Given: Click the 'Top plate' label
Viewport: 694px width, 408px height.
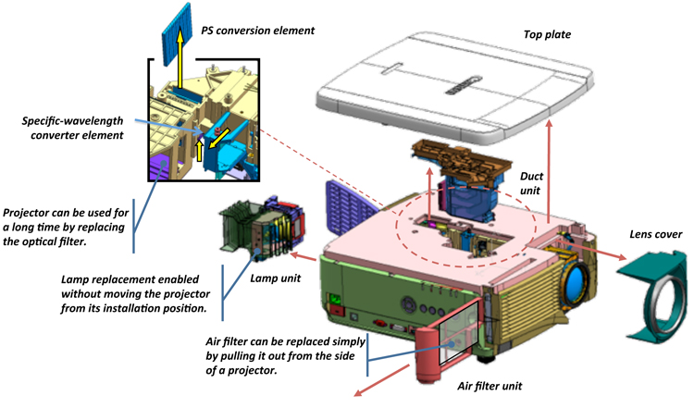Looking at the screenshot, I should click(546, 34).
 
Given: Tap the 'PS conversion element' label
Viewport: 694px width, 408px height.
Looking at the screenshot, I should click(258, 31).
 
